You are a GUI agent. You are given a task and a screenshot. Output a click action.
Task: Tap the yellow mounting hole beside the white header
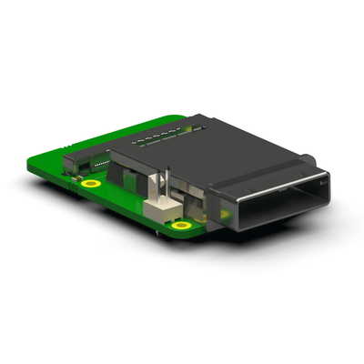click(x=182, y=224)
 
